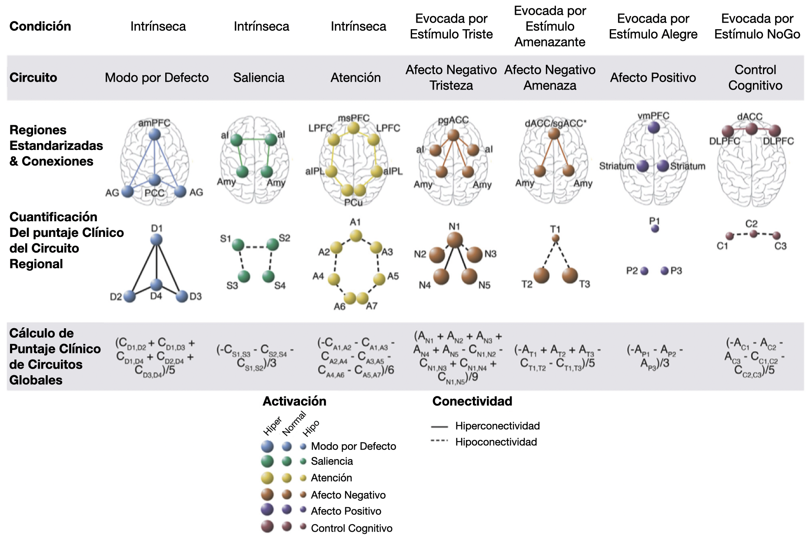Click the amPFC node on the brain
(154, 134)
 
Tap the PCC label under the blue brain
(154, 193)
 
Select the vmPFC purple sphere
(653, 127)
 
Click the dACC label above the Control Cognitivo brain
(749, 117)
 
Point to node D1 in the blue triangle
(156, 240)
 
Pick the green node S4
(268, 276)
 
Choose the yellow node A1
(356, 236)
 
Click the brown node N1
(455, 240)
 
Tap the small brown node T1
(556, 238)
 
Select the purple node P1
(655, 229)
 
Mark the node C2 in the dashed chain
(753, 234)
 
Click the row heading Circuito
(33, 78)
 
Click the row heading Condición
(40, 27)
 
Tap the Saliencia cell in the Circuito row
(259, 78)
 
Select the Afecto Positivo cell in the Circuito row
(653, 78)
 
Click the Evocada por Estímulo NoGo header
(757, 27)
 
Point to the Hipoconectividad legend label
(496, 442)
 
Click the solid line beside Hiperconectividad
(439, 427)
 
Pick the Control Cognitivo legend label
(351, 528)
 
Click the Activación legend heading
(294, 401)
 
